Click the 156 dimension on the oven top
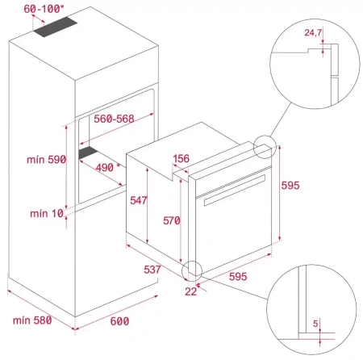click(x=182, y=160)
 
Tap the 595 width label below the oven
click(x=236, y=276)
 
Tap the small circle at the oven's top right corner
click(x=263, y=146)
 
